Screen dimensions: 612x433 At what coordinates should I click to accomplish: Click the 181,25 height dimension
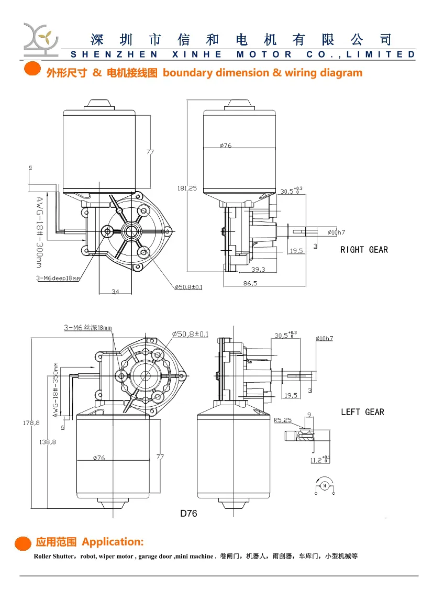tap(187, 188)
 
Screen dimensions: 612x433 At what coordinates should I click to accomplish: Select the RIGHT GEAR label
tap(364, 250)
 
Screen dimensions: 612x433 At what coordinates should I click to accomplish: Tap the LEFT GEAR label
tap(362, 412)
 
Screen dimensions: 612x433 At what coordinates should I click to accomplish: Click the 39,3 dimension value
tap(258, 269)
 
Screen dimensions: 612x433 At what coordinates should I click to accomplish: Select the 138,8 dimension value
tap(48, 442)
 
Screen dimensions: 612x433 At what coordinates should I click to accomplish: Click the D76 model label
tap(188, 514)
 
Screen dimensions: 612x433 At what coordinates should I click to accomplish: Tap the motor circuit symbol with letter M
tap(324, 485)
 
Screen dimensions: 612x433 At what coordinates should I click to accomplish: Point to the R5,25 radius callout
tap(282, 420)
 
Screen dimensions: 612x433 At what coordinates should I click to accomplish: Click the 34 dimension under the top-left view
tap(115, 292)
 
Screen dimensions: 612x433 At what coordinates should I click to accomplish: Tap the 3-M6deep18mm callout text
tap(58, 279)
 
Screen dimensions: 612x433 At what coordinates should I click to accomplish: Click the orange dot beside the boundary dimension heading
tap(32, 70)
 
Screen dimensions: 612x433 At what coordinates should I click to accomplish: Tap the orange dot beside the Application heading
tap(23, 543)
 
